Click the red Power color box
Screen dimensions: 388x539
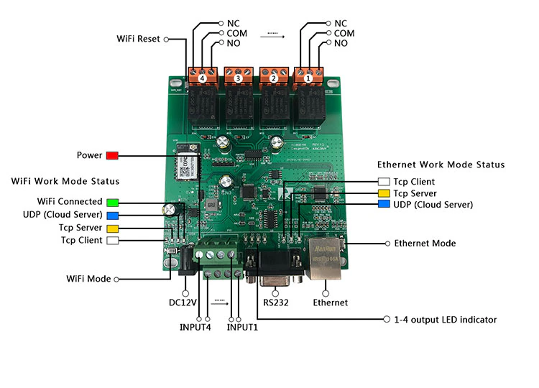click(x=111, y=155)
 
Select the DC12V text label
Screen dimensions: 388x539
click(x=183, y=302)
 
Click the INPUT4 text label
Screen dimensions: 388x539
click(x=195, y=328)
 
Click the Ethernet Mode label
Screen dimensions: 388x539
click(x=425, y=244)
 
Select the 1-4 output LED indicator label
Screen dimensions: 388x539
click(x=446, y=320)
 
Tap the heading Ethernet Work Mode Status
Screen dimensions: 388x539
click(x=441, y=165)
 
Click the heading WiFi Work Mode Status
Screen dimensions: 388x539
click(x=65, y=181)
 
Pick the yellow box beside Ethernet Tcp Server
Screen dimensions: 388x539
click(x=384, y=193)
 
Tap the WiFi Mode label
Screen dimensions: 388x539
click(x=88, y=279)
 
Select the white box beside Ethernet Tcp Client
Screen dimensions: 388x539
click(x=384, y=182)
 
